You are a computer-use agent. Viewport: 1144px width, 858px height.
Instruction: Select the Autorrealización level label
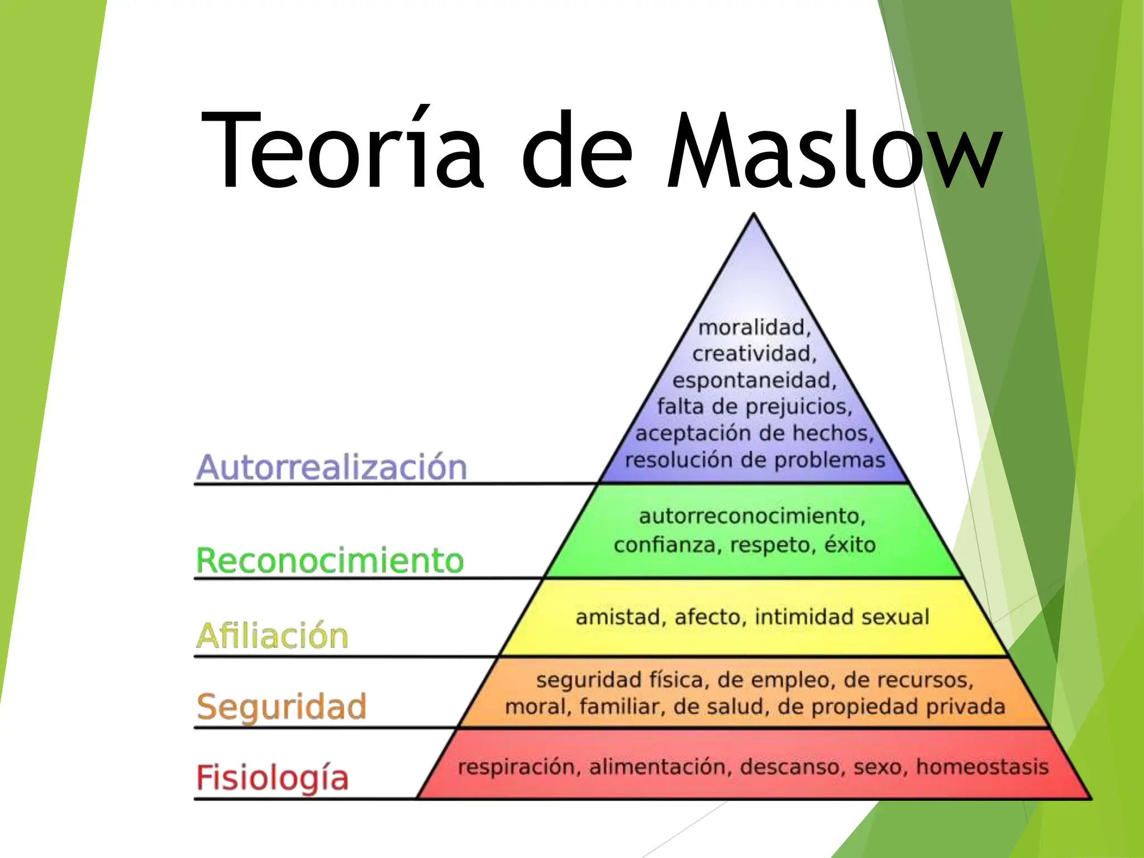[x=331, y=467]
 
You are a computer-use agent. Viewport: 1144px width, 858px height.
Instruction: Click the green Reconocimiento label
[x=330, y=560]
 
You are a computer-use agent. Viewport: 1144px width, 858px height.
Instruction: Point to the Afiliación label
[x=272, y=636]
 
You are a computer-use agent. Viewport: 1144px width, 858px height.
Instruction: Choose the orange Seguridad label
[x=282, y=707]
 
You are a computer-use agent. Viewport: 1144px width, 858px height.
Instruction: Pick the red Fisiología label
[x=272, y=778]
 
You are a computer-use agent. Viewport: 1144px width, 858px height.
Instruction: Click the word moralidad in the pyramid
[x=754, y=328]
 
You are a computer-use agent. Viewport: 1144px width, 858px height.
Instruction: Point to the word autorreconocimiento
[x=752, y=516]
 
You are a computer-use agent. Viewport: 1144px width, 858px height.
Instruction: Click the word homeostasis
[x=982, y=766]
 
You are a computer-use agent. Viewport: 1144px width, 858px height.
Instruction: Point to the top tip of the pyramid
[x=754, y=214]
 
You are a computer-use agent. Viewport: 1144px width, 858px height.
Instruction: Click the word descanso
[x=790, y=767]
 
